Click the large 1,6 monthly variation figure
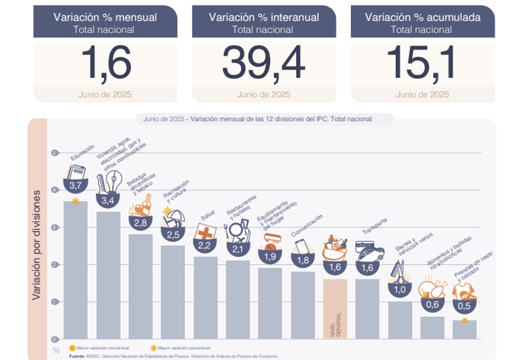click(105, 63)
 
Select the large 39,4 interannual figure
click(263, 63)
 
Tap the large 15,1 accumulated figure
click(422, 63)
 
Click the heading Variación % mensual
click(105, 17)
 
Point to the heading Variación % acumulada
click(422, 17)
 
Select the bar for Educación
click(75, 269)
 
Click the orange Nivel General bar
click(334, 309)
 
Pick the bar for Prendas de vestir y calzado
click(465, 329)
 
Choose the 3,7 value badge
click(75, 185)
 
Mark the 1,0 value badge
click(400, 290)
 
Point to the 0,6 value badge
click(432, 304)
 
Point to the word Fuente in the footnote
click(77, 356)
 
